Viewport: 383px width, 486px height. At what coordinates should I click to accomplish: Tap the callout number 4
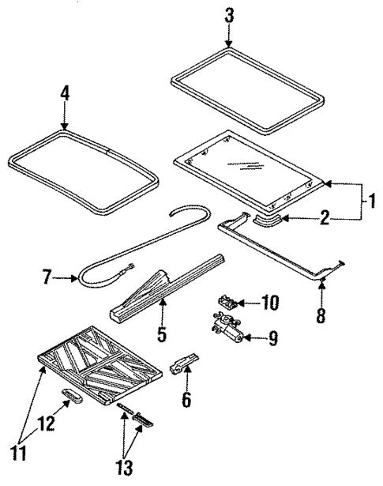click(65, 93)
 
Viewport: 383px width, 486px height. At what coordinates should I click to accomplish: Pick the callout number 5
click(161, 334)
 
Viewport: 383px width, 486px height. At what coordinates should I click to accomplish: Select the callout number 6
click(186, 399)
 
